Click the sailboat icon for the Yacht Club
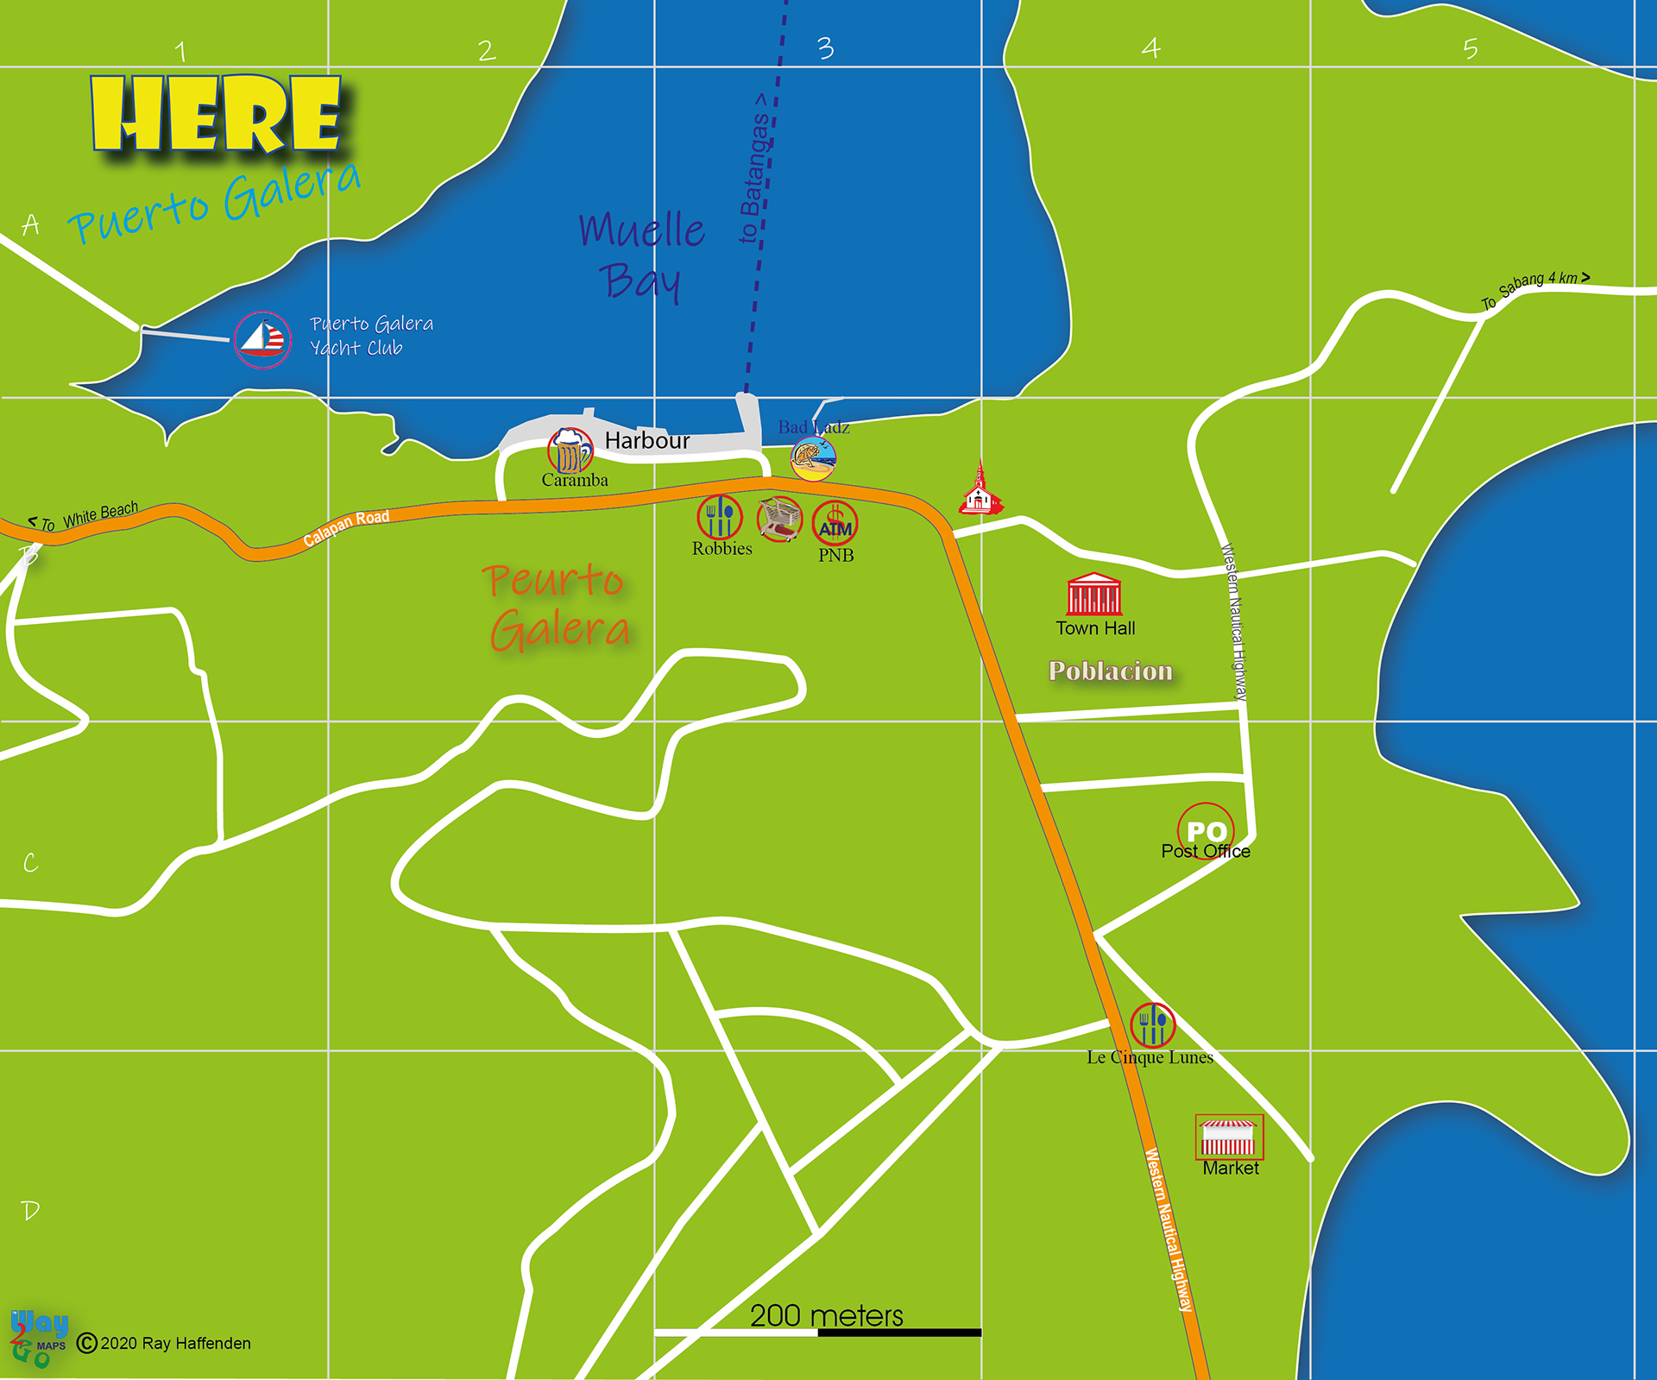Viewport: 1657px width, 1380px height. pos(262,340)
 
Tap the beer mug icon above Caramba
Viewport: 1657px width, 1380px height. pos(570,450)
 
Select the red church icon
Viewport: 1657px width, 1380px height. pos(980,492)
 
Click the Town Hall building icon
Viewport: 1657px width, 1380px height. pos(1094,594)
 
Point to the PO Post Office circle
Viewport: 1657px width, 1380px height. pos(1206,830)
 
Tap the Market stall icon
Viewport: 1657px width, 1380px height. pos(1229,1137)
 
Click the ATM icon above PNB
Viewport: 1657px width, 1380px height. pos(835,523)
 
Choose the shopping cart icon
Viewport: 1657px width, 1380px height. pos(779,519)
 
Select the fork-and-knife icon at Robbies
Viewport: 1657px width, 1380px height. pos(720,517)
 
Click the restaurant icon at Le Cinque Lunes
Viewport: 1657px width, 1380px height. pos(1152,1025)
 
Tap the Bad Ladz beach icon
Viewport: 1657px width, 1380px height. pos(813,458)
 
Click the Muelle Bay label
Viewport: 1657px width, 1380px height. pos(641,255)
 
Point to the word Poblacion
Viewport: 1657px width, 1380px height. pos(1111,671)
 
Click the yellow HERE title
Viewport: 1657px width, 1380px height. pos(217,114)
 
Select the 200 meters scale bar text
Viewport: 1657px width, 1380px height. pos(826,1315)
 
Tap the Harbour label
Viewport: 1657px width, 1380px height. pos(647,440)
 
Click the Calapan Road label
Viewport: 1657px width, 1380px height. pos(346,528)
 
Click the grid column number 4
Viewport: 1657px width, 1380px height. pos(1150,48)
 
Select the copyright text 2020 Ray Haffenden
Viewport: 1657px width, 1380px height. pos(174,1343)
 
